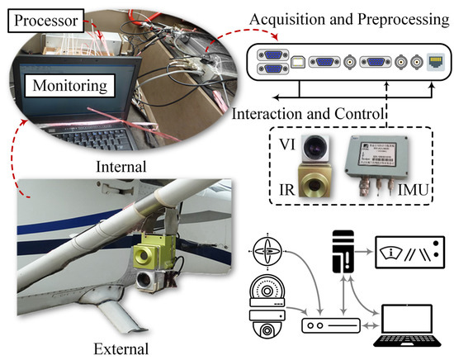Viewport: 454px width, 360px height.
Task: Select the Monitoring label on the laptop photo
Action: coord(69,84)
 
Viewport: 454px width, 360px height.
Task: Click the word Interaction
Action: coord(270,113)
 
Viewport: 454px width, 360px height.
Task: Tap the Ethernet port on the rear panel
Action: coord(432,61)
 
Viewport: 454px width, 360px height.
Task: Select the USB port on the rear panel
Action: coord(302,61)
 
